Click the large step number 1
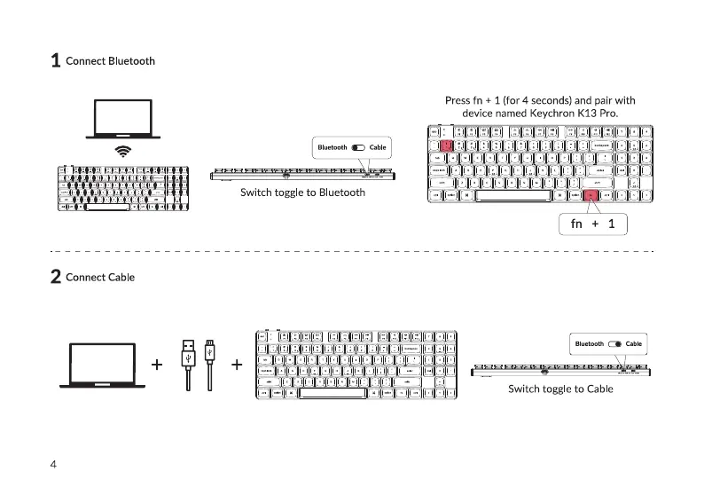55,61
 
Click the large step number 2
55,277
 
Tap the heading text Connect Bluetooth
110,61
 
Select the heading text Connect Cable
100,277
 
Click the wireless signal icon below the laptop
123,152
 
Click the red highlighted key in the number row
447,145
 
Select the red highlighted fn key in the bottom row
590,194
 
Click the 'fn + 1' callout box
593,224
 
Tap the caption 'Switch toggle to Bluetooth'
302,193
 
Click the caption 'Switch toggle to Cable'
560,389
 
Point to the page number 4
53,464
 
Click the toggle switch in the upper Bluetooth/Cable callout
358,146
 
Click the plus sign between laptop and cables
157,365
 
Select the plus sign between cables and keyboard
237,365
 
